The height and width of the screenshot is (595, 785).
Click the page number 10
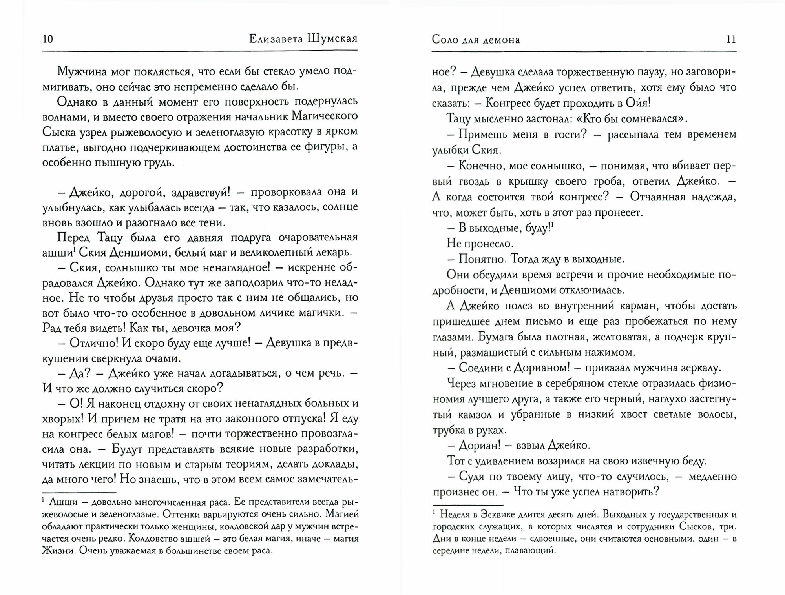click(x=47, y=39)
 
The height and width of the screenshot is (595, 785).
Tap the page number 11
click(x=731, y=40)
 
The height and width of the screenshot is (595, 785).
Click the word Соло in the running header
click(x=446, y=40)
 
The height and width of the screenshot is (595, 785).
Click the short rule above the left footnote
click(x=79, y=492)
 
